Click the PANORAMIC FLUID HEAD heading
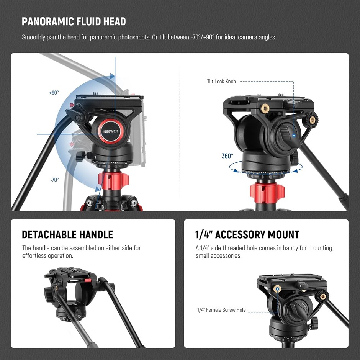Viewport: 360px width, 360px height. click(74, 21)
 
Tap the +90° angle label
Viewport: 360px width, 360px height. click(54, 93)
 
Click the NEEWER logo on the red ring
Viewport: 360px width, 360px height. click(111, 131)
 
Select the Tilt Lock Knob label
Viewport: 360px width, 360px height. click(221, 82)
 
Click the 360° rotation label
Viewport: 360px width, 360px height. click(227, 156)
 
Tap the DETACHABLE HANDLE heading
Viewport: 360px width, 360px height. click(67, 234)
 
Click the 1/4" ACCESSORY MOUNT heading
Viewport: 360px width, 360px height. click(247, 234)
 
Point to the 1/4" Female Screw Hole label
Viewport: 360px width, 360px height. click(221, 310)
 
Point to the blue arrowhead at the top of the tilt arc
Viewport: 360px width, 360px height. click(112, 76)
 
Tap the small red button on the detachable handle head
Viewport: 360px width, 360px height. click(88, 281)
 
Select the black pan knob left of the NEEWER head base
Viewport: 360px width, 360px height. click(80, 155)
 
